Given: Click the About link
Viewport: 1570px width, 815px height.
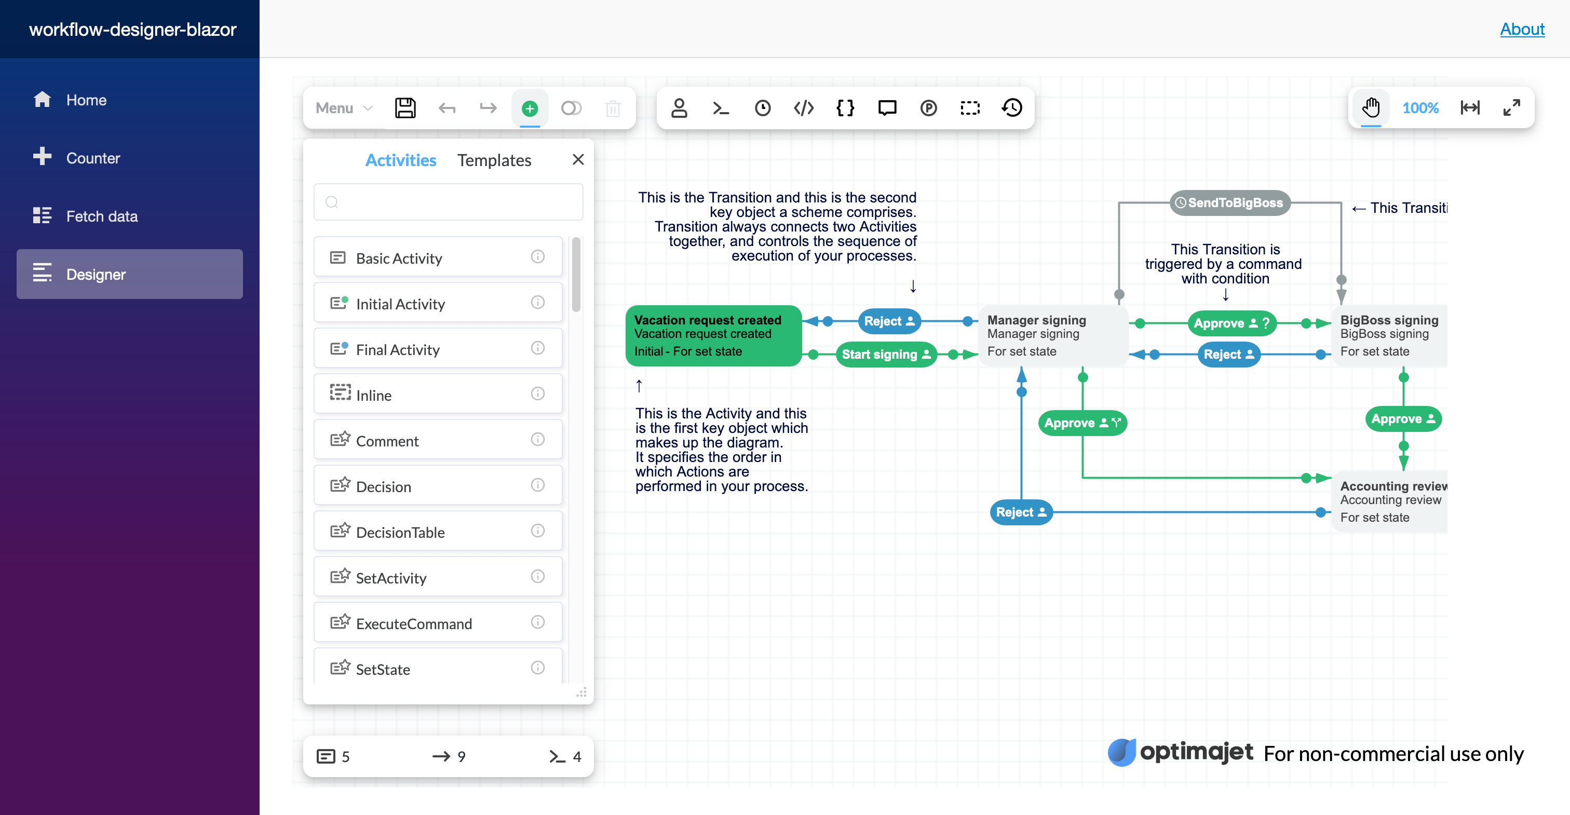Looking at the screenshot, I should tap(1522, 29).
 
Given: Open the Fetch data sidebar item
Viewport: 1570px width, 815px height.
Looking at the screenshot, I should tap(101, 216).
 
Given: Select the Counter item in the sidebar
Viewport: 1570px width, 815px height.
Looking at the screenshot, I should tap(92, 158).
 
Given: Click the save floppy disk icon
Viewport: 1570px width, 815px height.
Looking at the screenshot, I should tap(405, 108).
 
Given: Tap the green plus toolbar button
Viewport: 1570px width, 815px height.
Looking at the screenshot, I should tap(530, 108).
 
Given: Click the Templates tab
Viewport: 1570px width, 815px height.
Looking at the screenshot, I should tap(494, 160).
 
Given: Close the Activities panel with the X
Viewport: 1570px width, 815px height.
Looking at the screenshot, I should tap(578, 160).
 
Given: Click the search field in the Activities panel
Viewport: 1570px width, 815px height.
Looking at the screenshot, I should tap(448, 202).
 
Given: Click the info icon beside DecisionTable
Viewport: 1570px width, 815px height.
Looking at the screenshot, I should tap(537, 531).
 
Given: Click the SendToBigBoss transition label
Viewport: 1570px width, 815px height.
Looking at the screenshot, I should tap(1229, 203).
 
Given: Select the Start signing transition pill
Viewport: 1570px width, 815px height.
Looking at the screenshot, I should tap(885, 355).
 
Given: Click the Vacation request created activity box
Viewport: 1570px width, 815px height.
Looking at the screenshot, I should tap(712, 336).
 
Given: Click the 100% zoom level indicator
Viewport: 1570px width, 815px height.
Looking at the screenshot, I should tap(1420, 108).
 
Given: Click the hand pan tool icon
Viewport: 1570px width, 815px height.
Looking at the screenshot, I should tap(1371, 108).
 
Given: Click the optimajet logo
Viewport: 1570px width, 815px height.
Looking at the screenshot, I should tap(1180, 752).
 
